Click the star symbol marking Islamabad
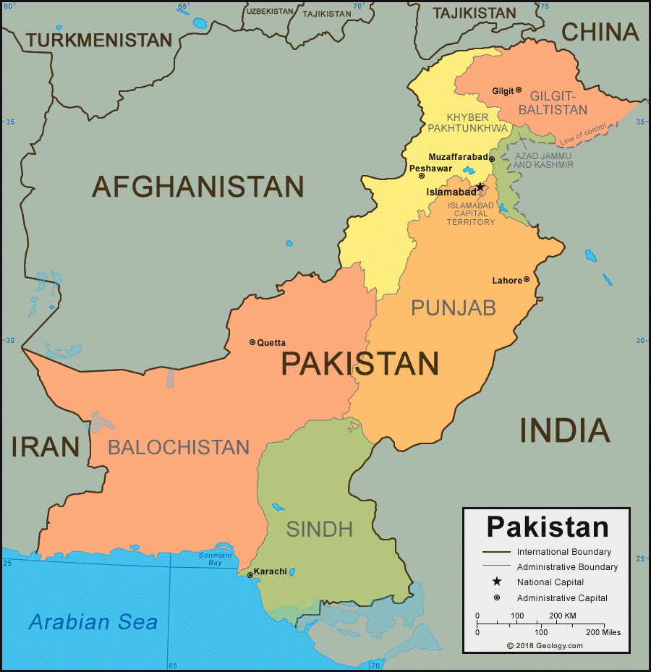click(x=480, y=187)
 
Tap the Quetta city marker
click(x=252, y=342)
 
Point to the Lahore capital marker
click(x=527, y=279)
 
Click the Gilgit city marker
click(x=519, y=90)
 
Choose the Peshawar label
click(x=430, y=168)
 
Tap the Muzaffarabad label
click(x=457, y=157)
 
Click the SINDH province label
click(x=320, y=529)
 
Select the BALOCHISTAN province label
click(x=179, y=447)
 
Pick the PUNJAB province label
click(x=454, y=308)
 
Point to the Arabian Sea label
click(x=93, y=621)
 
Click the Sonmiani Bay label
click(x=215, y=558)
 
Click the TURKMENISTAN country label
click(x=100, y=41)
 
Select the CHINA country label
click(x=600, y=32)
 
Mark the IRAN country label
click(x=45, y=446)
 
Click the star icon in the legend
click(x=497, y=582)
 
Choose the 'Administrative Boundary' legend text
click(x=567, y=567)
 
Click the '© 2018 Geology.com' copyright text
click(x=544, y=646)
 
